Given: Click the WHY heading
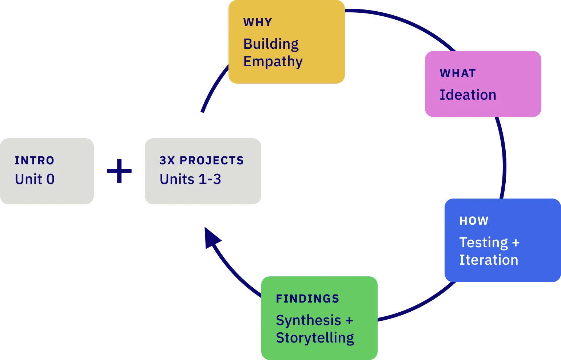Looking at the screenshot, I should (x=258, y=23).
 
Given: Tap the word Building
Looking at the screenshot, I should (x=271, y=44).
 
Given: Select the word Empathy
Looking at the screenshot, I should (x=273, y=61).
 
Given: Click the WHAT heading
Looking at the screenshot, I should (x=458, y=73).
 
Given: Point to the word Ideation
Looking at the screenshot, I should (x=468, y=95).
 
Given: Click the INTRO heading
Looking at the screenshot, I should (x=34, y=161).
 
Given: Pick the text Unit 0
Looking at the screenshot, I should (x=35, y=179).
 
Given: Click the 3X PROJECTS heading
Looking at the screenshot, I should (x=202, y=161).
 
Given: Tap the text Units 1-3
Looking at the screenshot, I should (x=190, y=179).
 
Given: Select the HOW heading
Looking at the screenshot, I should (x=474, y=221).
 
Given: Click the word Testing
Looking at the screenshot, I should (x=484, y=243).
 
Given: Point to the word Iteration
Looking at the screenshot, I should (x=489, y=260).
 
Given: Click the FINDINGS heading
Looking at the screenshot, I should (x=307, y=299).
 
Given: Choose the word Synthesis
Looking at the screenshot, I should (x=309, y=320).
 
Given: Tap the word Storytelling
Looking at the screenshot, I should (x=315, y=338).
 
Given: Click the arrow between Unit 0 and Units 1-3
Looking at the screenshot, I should (x=126, y=171).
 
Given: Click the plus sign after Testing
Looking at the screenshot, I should (x=516, y=243).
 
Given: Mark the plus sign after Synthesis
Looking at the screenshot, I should (x=349, y=321).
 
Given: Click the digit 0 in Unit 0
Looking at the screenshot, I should (x=51, y=179).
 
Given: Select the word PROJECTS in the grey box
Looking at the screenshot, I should (x=212, y=161).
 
